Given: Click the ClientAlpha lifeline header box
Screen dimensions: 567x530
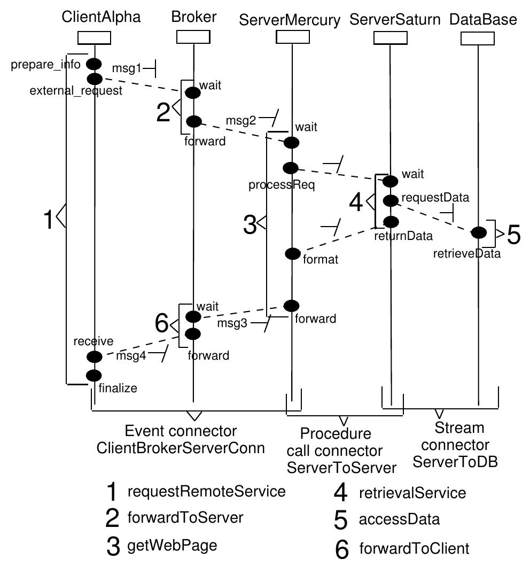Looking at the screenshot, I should pyautogui.click(x=94, y=38).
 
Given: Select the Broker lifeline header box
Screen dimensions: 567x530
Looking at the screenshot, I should pyautogui.click(x=193, y=38).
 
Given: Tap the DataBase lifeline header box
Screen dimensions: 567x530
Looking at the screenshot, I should pyautogui.click(x=478, y=38).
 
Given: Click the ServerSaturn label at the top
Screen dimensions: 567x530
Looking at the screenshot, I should pyautogui.click(x=395, y=20).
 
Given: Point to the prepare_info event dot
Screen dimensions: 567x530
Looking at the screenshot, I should pyautogui.click(x=94, y=64).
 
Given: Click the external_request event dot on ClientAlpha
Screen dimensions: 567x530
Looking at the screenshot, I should pyautogui.click(x=94, y=79).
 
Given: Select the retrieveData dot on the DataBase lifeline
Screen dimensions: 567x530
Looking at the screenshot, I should pyautogui.click(x=478, y=232).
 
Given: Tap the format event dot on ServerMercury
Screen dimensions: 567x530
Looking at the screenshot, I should pyautogui.click(x=293, y=253).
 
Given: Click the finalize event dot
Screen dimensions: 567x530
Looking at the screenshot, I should pyautogui.click(x=94, y=375).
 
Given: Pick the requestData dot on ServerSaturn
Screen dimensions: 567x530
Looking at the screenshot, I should pyautogui.click(x=391, y=200).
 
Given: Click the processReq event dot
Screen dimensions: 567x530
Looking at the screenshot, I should pyautogui.click(x=291, y=168).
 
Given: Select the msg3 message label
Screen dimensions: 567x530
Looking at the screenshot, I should pyautogui.click(x=232, y=324).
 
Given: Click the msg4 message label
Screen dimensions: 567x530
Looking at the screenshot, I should pyautogui.click(x=131, y=356).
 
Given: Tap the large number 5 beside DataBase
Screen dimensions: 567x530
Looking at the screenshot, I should pyautogui.click(x=513, y=234).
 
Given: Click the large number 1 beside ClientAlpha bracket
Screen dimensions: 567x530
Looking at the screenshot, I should pyautogui.click(x=49, y=220).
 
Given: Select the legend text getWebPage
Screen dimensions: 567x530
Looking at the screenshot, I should pyautogui.click(x=172, y=546).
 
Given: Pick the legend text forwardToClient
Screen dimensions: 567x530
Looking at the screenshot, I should pyautogui.click(x=414, y=548).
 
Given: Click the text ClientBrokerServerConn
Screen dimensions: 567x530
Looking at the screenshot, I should pyautogui.click(x=181, y=448).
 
